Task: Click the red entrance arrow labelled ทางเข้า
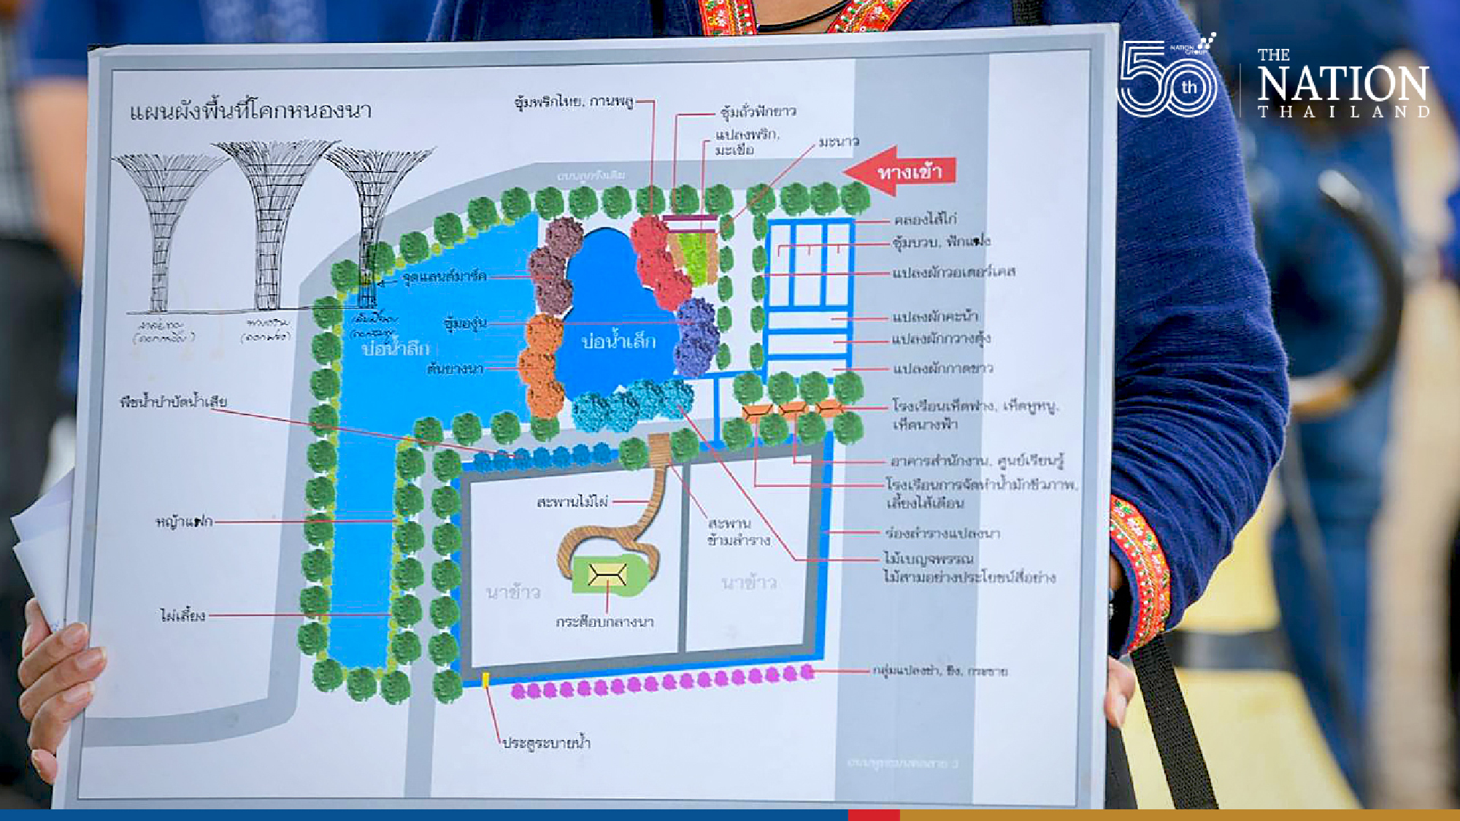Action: [x=901, y=172]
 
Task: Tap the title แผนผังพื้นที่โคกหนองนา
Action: [x=250, y=111]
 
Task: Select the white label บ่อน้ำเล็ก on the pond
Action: [x=618, y=341]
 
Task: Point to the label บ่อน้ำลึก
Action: [x=395, y=348]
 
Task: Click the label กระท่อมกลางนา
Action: [x=604, y=622]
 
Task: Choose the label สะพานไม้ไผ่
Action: [x=572, y=502]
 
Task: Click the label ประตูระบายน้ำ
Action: [x=546, y=743]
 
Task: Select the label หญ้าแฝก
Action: [x=184, y=521]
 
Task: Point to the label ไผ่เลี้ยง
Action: [x=182, y=616]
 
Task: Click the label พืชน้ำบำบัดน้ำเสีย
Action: [x=174, y=401]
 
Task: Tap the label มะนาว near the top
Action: [x=838, y=142]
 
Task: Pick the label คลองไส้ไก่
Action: [x=926, y=219]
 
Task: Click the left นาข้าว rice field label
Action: [x=513, y=592]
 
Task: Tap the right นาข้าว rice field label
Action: [x=748, y=582]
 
